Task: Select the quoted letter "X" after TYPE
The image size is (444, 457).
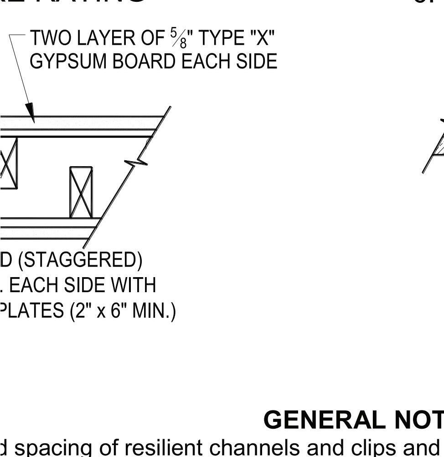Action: coord(262,38)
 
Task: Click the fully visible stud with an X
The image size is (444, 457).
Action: coord(81,192)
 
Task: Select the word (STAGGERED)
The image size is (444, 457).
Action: coord(80,260)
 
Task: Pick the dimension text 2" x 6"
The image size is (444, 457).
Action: coord(101,311)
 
